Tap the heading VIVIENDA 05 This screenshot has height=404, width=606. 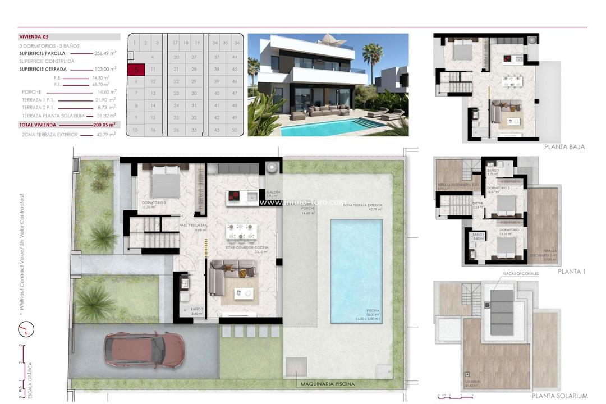point(34,36)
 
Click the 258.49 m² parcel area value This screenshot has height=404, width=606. point(105,53)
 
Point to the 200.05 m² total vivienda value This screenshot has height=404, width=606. point(105,125)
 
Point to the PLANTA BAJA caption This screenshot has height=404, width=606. point(564,147)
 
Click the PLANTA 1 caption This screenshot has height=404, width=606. point(572,272)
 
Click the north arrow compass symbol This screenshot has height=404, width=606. point(26,329)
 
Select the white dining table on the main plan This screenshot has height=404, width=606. point(241,231)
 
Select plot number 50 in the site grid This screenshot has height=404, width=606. point(235,130)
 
